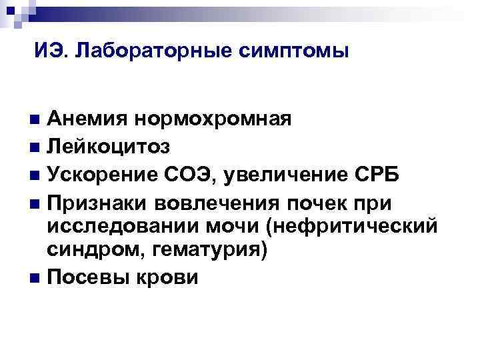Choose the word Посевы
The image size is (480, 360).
(89, 277)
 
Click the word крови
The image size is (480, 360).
(169, 277)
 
